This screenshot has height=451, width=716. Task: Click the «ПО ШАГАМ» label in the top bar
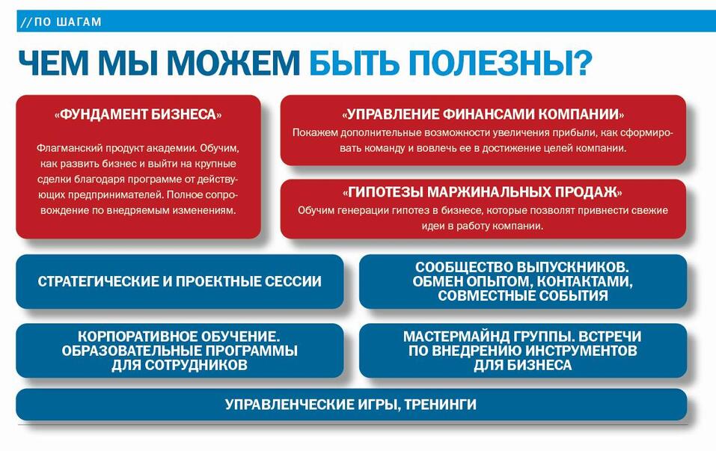tap(68, 22)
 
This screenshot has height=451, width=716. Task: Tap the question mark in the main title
tap(581, 62)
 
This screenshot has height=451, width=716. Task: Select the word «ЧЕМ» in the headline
tap(53, 63)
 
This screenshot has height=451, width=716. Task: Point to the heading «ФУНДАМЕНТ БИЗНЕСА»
tap(138, 114)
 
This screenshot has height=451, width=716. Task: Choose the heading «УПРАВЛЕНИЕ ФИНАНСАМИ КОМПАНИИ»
tap(483, 114)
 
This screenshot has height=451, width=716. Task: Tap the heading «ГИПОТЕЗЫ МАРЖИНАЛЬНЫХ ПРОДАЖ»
tap(483, 192)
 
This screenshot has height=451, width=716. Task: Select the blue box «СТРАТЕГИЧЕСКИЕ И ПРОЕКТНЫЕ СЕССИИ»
tap(180, 282)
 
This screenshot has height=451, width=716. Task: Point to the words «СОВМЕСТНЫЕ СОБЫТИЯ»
tap(523, 295)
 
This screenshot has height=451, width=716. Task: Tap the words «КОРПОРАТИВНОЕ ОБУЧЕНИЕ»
tap(179, 337)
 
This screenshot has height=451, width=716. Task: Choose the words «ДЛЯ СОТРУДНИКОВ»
tap(180, 365)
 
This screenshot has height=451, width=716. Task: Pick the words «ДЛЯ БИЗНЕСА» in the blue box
tap(522, 365)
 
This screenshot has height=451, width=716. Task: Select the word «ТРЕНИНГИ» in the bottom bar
tap(440, 405)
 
